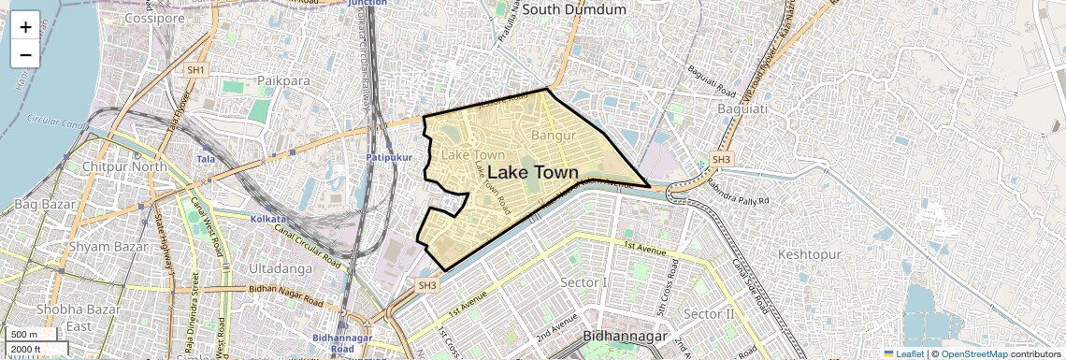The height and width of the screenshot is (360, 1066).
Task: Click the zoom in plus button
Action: coord(25,26)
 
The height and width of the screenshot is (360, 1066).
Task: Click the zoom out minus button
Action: coord(25,54)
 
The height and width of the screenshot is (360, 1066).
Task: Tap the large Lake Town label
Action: coord(533,173)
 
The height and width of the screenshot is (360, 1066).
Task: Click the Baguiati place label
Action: coord(742,109)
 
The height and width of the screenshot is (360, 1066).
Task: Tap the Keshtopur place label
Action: coord(810,254)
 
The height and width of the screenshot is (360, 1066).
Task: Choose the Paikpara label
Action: coord(283,81)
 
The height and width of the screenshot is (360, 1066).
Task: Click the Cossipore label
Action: coord(154,18)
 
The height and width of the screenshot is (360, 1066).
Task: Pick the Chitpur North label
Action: coord(124,167)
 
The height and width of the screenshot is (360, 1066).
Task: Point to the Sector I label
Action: coord(583,282)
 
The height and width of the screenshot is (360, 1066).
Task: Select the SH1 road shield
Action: coord(195,70)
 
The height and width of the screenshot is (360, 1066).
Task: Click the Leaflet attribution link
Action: coord(902,354)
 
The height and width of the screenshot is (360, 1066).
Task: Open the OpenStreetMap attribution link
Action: coord(973,354)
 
